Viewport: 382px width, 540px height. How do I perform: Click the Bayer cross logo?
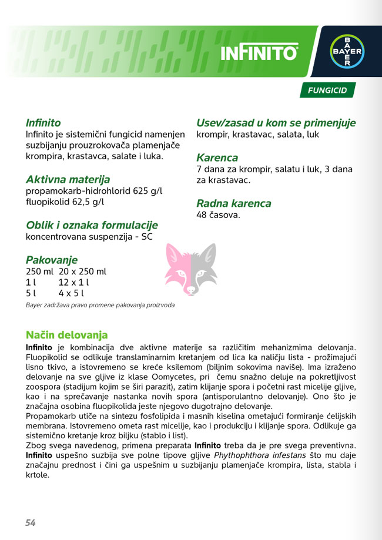[x=346, y=52]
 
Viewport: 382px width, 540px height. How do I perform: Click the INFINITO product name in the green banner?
[x=259, y=53]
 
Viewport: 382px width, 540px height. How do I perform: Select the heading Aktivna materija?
[x=68, y=179]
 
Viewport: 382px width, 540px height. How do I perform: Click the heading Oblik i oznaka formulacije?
[x=92, y=225]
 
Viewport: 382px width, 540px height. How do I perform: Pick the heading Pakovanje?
[x=52, y=260]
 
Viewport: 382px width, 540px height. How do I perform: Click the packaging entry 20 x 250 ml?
[x=82, y=271]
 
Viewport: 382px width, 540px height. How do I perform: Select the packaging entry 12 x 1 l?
[x=73, y=282]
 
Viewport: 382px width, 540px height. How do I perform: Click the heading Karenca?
[x=217, y=157]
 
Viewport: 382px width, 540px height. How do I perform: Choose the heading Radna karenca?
[x=234, y=203]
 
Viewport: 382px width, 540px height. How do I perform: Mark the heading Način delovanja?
[x=66, y=335]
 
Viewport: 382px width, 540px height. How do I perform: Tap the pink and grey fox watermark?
[x=191, y=269]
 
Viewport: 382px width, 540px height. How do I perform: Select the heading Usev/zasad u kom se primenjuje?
[x=276, y=123]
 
